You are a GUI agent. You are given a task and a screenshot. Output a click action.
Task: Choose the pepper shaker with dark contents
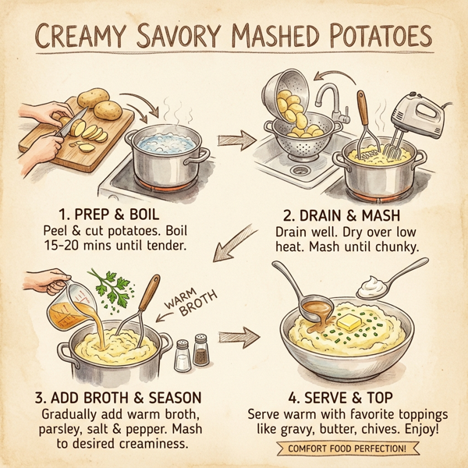pyautogui.click(x=201, y=351)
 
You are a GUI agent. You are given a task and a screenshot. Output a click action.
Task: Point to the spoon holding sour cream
pyautogui.click(x=388, y=283)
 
